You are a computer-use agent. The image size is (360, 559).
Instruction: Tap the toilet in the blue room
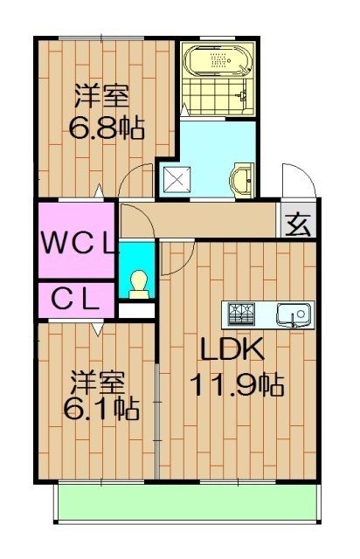pyautogui.click(x=136, y=284)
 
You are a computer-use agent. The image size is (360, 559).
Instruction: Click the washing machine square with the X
pyautogui.click(x=177, y=181)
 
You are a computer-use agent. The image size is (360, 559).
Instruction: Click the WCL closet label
pyautogui.click(x=77, y=240)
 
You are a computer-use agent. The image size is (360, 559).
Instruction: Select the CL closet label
pyautogui.click(x=76, y=299)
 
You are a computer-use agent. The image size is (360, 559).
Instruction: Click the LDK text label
pyautogui.click(x=232, y=349)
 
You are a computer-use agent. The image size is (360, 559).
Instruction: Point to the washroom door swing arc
pyautogui.click(x=135, y=183)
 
